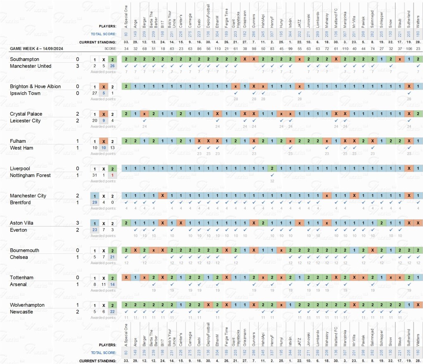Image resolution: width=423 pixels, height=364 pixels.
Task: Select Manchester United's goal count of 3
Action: tap(77, 66)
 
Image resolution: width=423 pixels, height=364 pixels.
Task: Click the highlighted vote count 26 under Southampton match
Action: tap(112, 66)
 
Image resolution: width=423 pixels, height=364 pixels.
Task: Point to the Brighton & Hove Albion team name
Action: tap(36, 87)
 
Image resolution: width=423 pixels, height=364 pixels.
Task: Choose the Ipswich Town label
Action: tap(26, 93)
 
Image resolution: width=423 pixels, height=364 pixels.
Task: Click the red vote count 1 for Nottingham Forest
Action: tap(112, 175)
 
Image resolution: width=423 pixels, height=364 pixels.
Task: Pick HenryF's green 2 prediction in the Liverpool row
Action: tap(272, 168)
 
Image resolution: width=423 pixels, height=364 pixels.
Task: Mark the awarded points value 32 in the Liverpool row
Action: tap(272, 181)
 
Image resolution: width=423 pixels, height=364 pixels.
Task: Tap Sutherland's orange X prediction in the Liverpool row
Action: tap(409, 168)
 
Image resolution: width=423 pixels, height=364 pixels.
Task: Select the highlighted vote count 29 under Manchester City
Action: tap(95, 203)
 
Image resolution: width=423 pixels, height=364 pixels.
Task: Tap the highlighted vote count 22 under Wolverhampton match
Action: tap(112, 312)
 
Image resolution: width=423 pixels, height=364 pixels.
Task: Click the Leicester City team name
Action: tap(26, 121)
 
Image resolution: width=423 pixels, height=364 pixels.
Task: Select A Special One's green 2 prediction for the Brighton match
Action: tap(126, 87)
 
